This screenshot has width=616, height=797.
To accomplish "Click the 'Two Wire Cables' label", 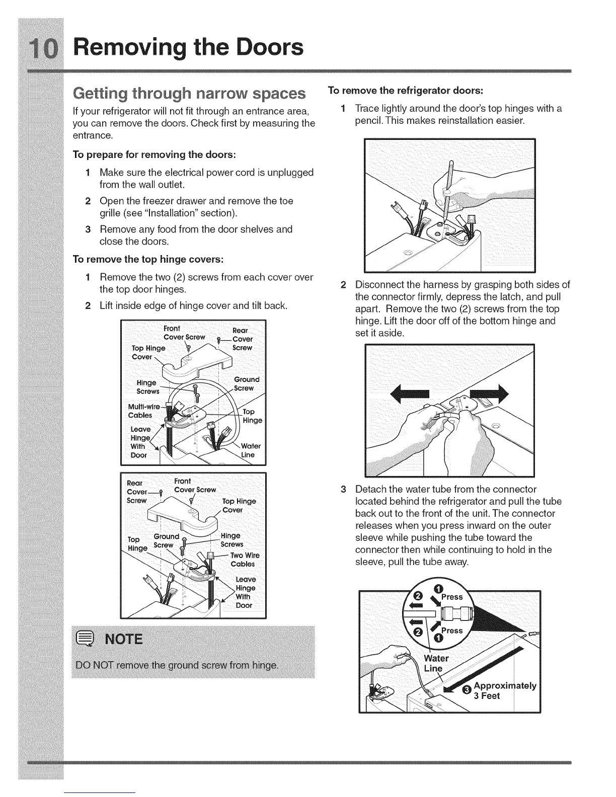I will [x=245, y=560].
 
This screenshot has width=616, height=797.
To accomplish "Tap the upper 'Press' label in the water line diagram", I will [x=451, y=597].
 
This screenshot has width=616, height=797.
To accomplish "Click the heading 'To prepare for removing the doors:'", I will [x=155, y=153].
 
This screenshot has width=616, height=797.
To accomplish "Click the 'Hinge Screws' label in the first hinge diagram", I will [x=147, y=387].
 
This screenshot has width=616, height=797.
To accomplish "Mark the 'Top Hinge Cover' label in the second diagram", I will [x=239, y=506].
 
